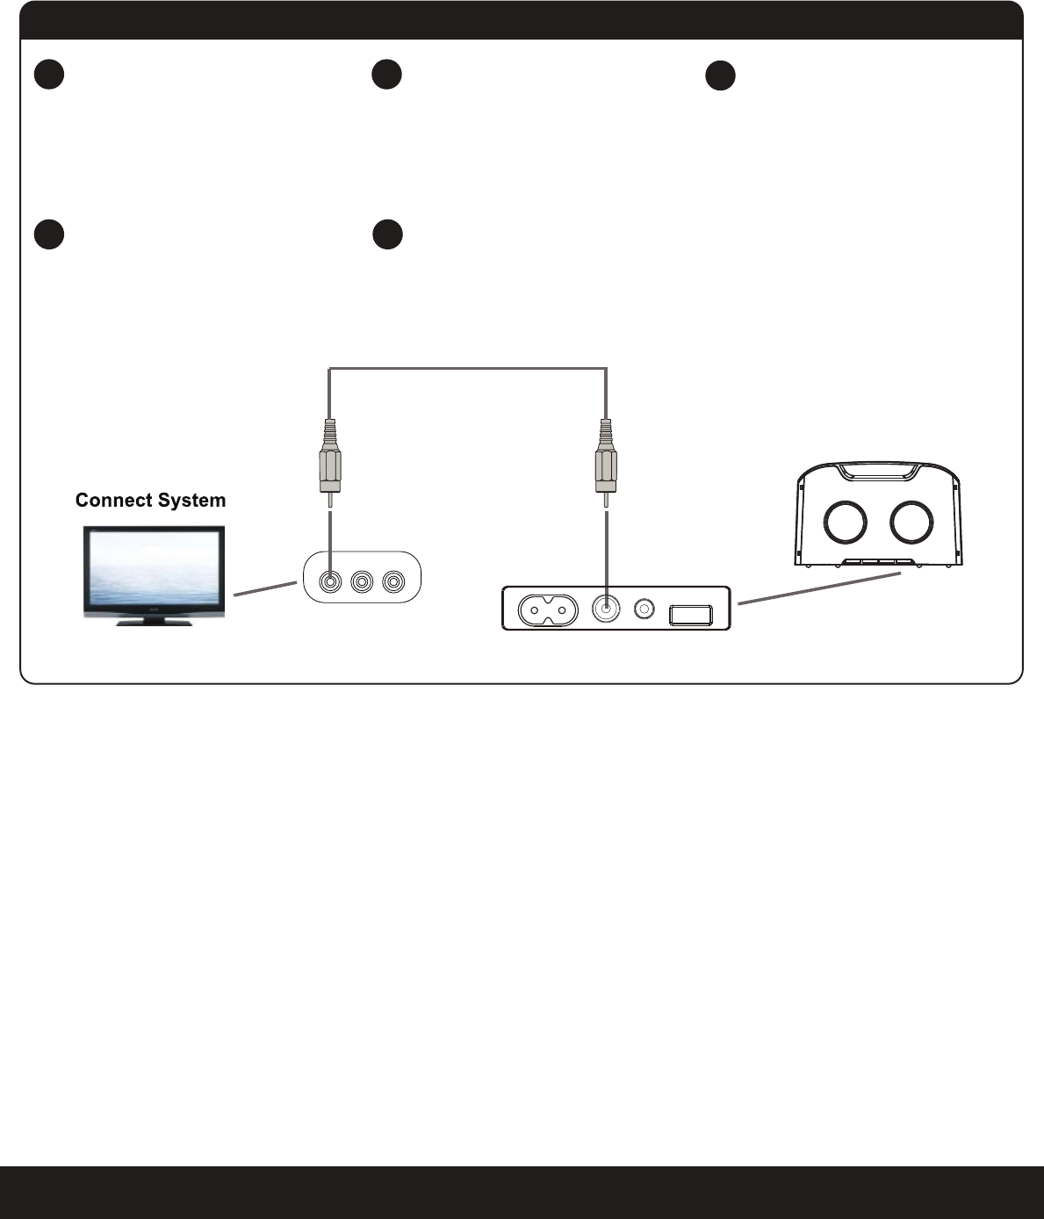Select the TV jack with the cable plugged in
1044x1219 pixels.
[x=330, y=581]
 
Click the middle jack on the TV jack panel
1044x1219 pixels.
[x=361, y=581]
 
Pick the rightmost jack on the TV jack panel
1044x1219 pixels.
[x=392, y=581]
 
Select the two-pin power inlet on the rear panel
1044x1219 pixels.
[x=543, y=609]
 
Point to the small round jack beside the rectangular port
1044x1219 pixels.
[x=645, y=608]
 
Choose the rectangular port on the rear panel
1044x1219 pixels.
[x=690, y=611]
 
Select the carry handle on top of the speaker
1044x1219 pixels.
[x=878, y=471]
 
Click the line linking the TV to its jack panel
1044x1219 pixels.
[x=264, y=588]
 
